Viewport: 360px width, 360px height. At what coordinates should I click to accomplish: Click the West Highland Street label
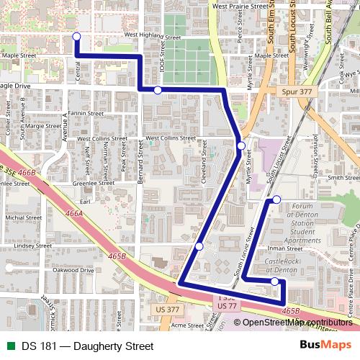[153, 34]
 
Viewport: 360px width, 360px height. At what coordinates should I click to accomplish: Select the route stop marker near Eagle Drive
[158, 90]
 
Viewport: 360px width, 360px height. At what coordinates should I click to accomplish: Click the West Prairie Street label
[245, 6]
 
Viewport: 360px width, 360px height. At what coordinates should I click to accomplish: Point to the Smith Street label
[343, 177]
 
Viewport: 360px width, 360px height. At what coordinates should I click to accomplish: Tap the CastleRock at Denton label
[282, 265]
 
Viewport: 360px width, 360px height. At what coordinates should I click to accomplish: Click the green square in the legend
[9, 346]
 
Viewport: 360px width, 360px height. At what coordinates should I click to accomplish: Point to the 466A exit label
[74, 214]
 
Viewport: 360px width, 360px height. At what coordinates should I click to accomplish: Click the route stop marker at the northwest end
[76, 37]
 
